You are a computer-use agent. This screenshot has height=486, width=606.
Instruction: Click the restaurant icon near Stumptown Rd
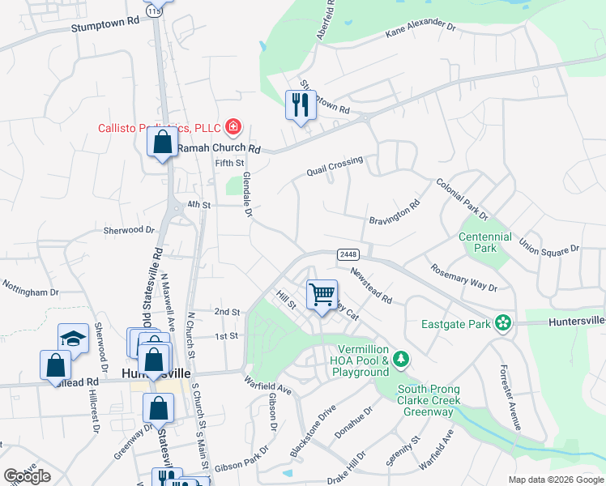tap(301, 104)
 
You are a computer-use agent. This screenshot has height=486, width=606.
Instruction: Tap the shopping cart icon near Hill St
tap(322, 295)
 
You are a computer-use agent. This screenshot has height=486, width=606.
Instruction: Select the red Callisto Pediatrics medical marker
tap(233, 126)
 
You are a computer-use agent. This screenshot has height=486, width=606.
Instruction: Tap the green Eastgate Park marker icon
tap(503, 323)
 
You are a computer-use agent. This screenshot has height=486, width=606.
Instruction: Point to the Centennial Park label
tap(485, 242)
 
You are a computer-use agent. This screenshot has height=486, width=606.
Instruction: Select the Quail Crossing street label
tap(335, 166)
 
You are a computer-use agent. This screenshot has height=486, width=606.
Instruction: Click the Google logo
tap(28, 475)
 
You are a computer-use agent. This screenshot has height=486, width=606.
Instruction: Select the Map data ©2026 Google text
tap(555, 480)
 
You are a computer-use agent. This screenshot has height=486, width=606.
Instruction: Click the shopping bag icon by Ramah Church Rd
tap(162, 143)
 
